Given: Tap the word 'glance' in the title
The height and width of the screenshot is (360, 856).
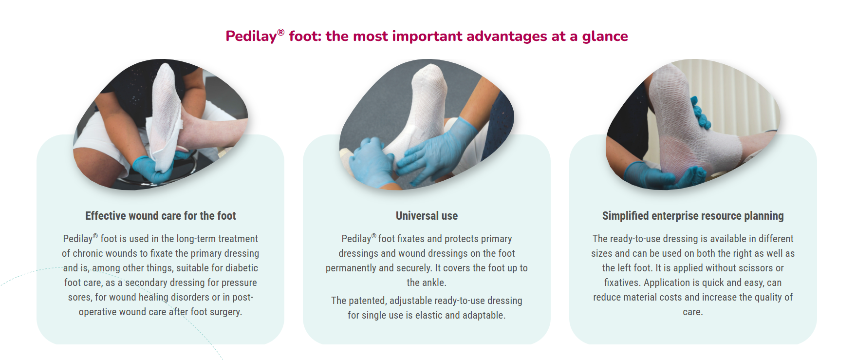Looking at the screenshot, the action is coord(605,37).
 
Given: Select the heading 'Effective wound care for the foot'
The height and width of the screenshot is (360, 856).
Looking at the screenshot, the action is coord(161,216).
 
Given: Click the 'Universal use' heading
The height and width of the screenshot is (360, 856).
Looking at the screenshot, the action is coord(427,216).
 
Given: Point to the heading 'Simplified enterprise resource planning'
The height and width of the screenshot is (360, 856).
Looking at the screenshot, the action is coord(693,216).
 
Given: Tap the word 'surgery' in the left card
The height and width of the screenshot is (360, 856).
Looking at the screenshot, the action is coord(226,312).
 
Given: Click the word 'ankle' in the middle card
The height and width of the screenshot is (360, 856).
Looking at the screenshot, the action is coord(434,283).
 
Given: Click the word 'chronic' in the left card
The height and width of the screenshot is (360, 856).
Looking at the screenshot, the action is coord(89,253).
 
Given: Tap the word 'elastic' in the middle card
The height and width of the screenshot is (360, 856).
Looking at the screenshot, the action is coord(429,315).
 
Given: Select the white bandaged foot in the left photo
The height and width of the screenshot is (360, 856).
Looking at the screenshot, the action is coord(164,117).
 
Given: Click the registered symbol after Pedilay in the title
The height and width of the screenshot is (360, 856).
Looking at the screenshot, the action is coord(280,32).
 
